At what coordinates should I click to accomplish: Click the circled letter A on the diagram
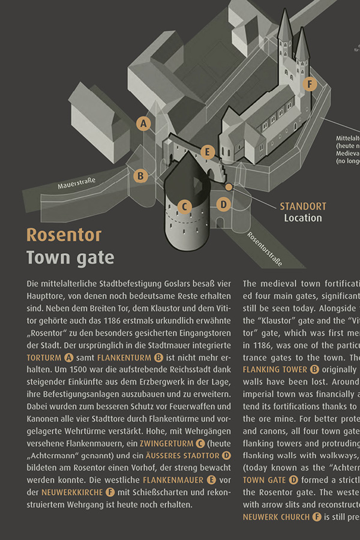pyautogui.click(x=143, y=124)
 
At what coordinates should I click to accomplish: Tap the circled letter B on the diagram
pyautogui.click(x=140, y=176)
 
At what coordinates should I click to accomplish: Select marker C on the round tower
pyautogui.click(x=185, y=207)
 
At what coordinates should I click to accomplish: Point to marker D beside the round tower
pyautogui.click(x=223, y=204)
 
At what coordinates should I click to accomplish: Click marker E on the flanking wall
pyautogui.click(x=208, y=152)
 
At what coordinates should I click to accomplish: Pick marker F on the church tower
pyautogui.click(x=310, y=84)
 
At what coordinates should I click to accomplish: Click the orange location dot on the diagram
pyautogui.click(x=229, y=187)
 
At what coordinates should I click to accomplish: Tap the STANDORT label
pyautogui.click(x=303, y=206)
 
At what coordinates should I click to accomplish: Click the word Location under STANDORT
pyautogui.click(x=303, y=218)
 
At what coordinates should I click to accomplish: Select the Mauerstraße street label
pyautogui.click(x=77, y=183)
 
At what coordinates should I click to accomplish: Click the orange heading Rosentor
pyautogui.click(x=64, y=235)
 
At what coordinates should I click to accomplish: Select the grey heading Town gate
pyautogui.click(x=70, y=258)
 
